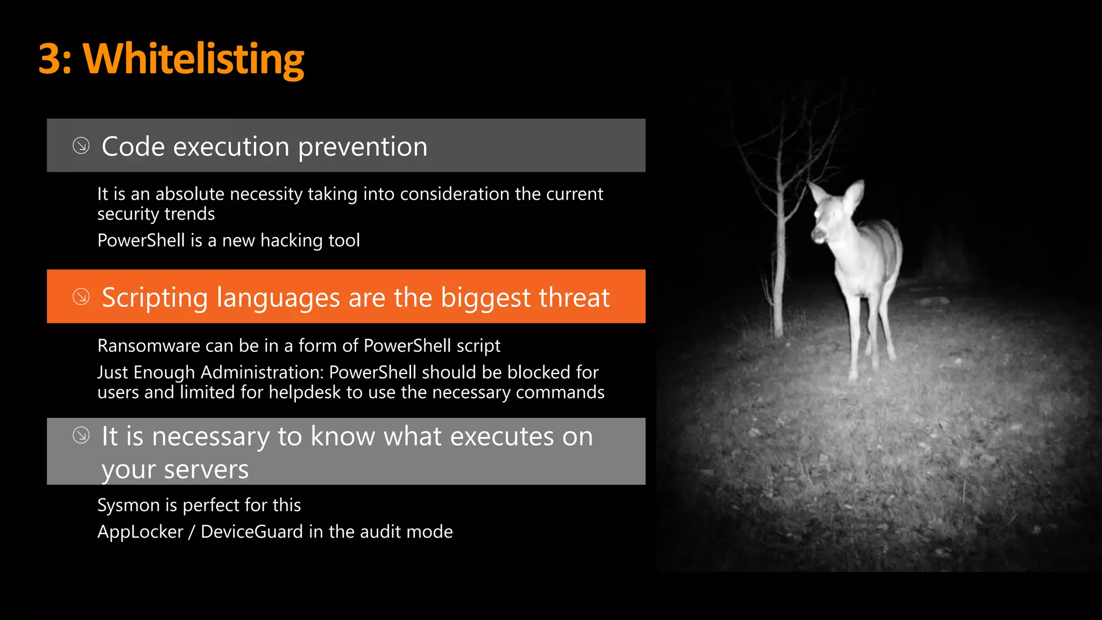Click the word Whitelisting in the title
tap(194, 59)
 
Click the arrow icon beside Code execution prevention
tap(81, 146)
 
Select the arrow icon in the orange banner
tap(81, 297)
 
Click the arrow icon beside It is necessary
tap(81, 435)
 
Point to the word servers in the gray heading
tap(206, 469)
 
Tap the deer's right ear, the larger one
tap(853, 196)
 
